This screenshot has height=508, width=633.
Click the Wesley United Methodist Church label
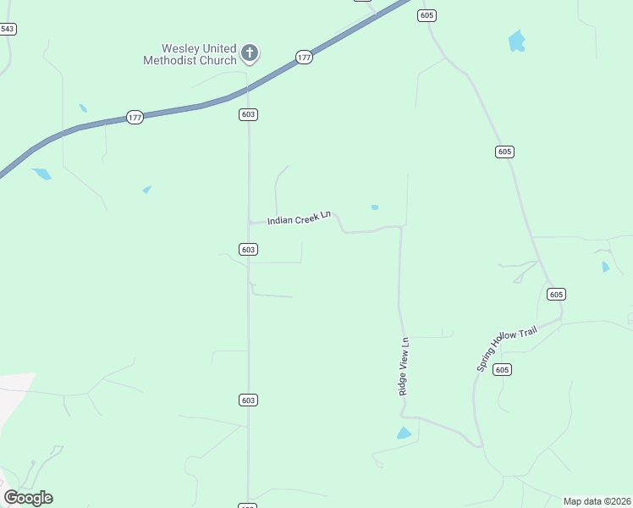[190, 54]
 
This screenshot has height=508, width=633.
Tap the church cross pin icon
[250, 53]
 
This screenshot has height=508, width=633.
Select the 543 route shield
[8, 29]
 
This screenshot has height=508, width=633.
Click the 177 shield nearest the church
[305, 57]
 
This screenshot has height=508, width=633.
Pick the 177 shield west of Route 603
[135, 117]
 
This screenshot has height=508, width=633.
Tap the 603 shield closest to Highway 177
[248, 114]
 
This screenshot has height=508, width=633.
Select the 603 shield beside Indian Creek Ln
[248, 249]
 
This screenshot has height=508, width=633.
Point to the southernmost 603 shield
[248, 400]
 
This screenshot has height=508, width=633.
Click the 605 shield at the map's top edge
[427, 15]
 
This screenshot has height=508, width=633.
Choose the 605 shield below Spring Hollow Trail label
[502, 369]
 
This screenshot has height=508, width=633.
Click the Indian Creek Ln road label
[299, 219]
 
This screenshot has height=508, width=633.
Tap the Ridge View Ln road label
[405, 367]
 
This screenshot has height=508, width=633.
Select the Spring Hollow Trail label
[507, 349]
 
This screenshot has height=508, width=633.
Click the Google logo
[29, 497]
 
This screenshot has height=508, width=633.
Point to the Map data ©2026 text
[597, 501]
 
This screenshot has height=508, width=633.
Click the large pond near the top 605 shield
[516, 41]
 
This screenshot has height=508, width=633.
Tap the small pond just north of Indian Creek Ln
[374, 207]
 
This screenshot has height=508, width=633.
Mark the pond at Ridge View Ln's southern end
[405, 433]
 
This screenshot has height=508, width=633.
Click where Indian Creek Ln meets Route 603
[249, 223]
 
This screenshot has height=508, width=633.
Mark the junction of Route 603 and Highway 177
[248, 88]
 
